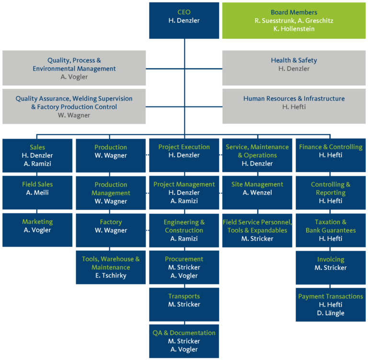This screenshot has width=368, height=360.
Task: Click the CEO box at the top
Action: point(184,20)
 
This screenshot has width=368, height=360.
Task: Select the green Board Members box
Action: point(294,20)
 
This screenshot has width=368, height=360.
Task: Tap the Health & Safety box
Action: point(294,65)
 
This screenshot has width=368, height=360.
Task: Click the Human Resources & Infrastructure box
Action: point(294,103)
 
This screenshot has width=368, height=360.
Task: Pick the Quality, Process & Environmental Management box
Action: point(74,69)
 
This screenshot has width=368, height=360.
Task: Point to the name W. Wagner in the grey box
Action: point(74,115)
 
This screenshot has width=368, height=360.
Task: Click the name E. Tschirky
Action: point(111,276)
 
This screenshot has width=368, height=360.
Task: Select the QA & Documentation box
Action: point(184,341)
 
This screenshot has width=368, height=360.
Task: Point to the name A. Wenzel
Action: point(257,193)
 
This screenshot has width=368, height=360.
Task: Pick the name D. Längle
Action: point(331,313)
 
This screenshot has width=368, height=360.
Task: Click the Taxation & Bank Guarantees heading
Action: point(331,226)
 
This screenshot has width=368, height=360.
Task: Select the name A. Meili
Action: point(37,193)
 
